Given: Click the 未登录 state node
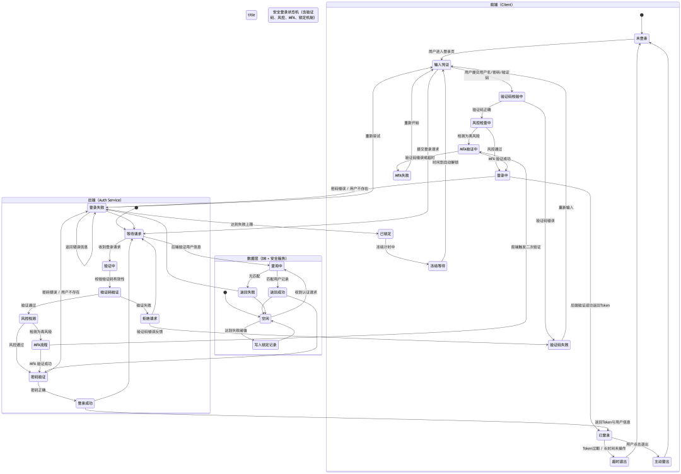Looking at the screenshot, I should pos(641,38).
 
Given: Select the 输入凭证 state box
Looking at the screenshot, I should pos(441,64).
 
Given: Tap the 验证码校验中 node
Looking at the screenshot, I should pos(511,96).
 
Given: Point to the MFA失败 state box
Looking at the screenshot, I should pos(402,175).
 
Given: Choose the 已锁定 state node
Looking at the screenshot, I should pos(387,233).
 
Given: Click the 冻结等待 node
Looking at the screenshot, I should pos(438,265).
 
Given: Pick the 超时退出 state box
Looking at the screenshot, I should pos(619,461).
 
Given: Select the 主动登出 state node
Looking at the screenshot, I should pos(663,461).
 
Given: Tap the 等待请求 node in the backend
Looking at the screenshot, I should pos(134,234).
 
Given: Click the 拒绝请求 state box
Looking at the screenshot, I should pos(149,318).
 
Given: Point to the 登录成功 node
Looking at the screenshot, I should pos(85,402).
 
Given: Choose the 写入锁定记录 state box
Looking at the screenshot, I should pos(265,345).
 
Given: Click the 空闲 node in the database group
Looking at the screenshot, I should pos(265,318).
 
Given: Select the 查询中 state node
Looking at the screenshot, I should pos(277,265).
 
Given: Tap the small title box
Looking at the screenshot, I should pos(252,14).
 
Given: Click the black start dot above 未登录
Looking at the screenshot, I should pos(641,15).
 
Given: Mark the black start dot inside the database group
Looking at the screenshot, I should pos(225,292).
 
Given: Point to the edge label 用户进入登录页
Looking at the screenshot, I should pos(441,51).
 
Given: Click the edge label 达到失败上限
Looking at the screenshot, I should pos(243,224).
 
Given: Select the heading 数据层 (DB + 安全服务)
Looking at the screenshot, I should pos(267,258).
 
